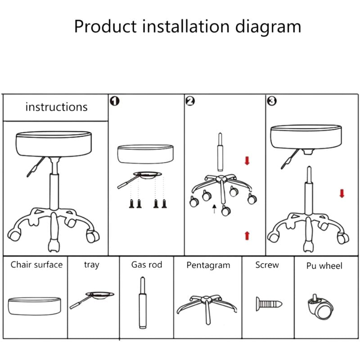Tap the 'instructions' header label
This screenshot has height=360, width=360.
click(x=56, y=107)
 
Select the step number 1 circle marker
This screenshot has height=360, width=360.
click(x=114, y=101)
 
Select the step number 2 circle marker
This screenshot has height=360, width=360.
click(x=190, y=101)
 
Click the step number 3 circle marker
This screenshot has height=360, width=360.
click(x=271, y=101)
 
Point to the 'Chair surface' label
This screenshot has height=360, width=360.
click(x=36, y=265)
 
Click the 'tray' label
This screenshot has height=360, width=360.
click(x=91, y=265)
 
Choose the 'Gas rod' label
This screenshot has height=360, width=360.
click(x=147, y=265)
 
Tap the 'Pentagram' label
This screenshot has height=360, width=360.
click(x=208, y=265)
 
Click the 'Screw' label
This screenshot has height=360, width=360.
click(x=267, y=265)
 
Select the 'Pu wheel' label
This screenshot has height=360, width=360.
click(x=324, y=266)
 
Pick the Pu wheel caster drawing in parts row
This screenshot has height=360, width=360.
click(x=321, y=306)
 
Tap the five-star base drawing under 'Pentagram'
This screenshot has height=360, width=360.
click(x=207, y=306)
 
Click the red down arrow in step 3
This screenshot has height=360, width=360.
click(x=342, y=193)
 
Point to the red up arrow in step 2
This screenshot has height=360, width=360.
click(x=247, y=235)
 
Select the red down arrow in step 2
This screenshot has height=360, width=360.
click(x=247, y=161)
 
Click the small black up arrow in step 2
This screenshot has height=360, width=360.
click(x=215, y=207)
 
